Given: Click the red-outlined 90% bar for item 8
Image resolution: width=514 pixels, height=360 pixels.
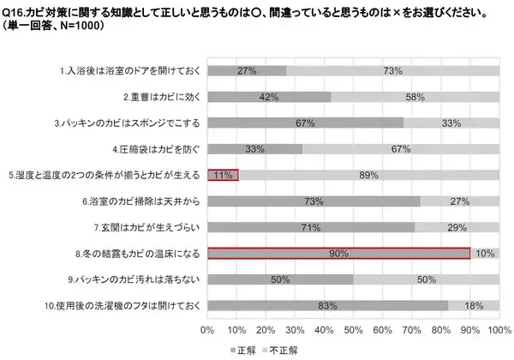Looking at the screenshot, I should coord(338,253).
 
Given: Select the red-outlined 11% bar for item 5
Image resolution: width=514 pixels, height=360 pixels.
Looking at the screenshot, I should coord(223,175).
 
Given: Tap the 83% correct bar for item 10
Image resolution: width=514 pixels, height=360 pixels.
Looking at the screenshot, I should coord(327,305).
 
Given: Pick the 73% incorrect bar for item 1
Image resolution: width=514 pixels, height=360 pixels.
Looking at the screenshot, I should coord(392,71).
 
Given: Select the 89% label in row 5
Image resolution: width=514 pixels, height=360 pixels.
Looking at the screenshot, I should coord(370,175).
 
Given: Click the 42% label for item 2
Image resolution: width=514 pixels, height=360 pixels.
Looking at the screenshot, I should coord(269,97).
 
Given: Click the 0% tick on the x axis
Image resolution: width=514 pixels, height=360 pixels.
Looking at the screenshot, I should coord(206,329).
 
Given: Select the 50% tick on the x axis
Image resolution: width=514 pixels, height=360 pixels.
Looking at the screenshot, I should coord(353,329).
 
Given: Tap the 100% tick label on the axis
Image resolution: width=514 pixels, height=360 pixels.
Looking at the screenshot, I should coord(499,329).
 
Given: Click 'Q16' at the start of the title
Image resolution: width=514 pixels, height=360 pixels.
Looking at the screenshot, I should coord(14,13).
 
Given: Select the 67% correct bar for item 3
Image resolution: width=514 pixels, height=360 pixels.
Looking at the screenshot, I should coord(305,123).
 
